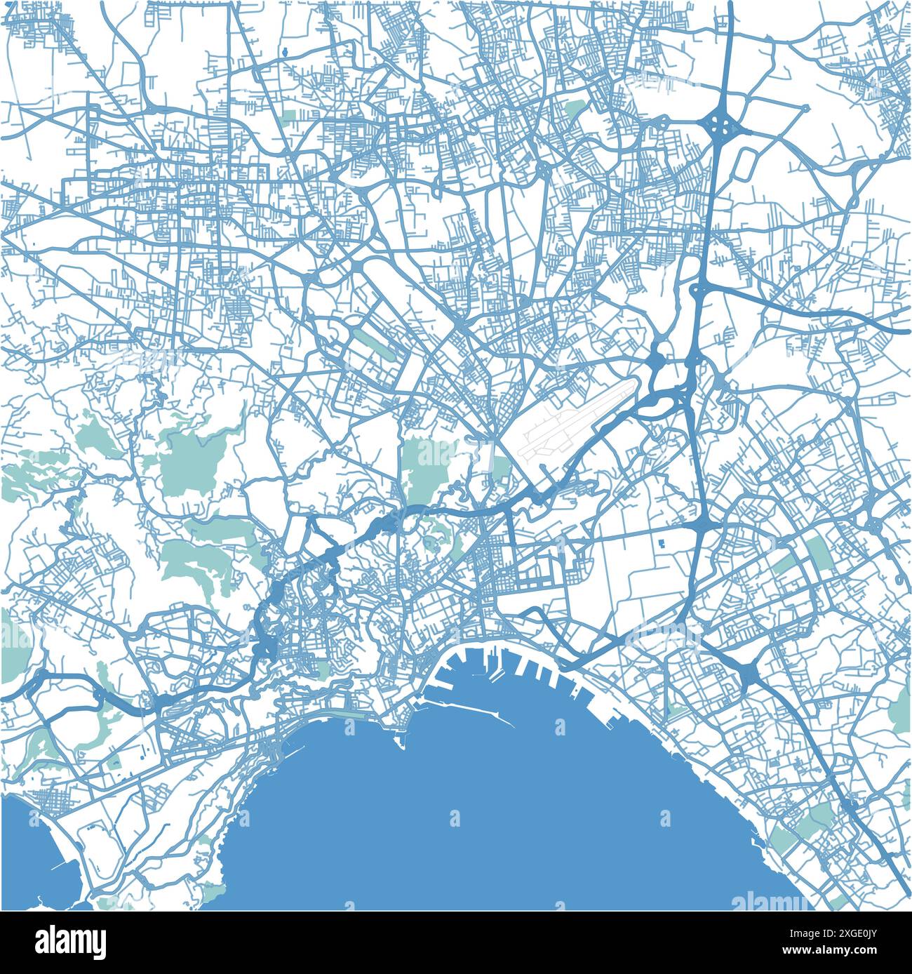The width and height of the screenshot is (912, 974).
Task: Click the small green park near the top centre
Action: pos(575,108)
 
